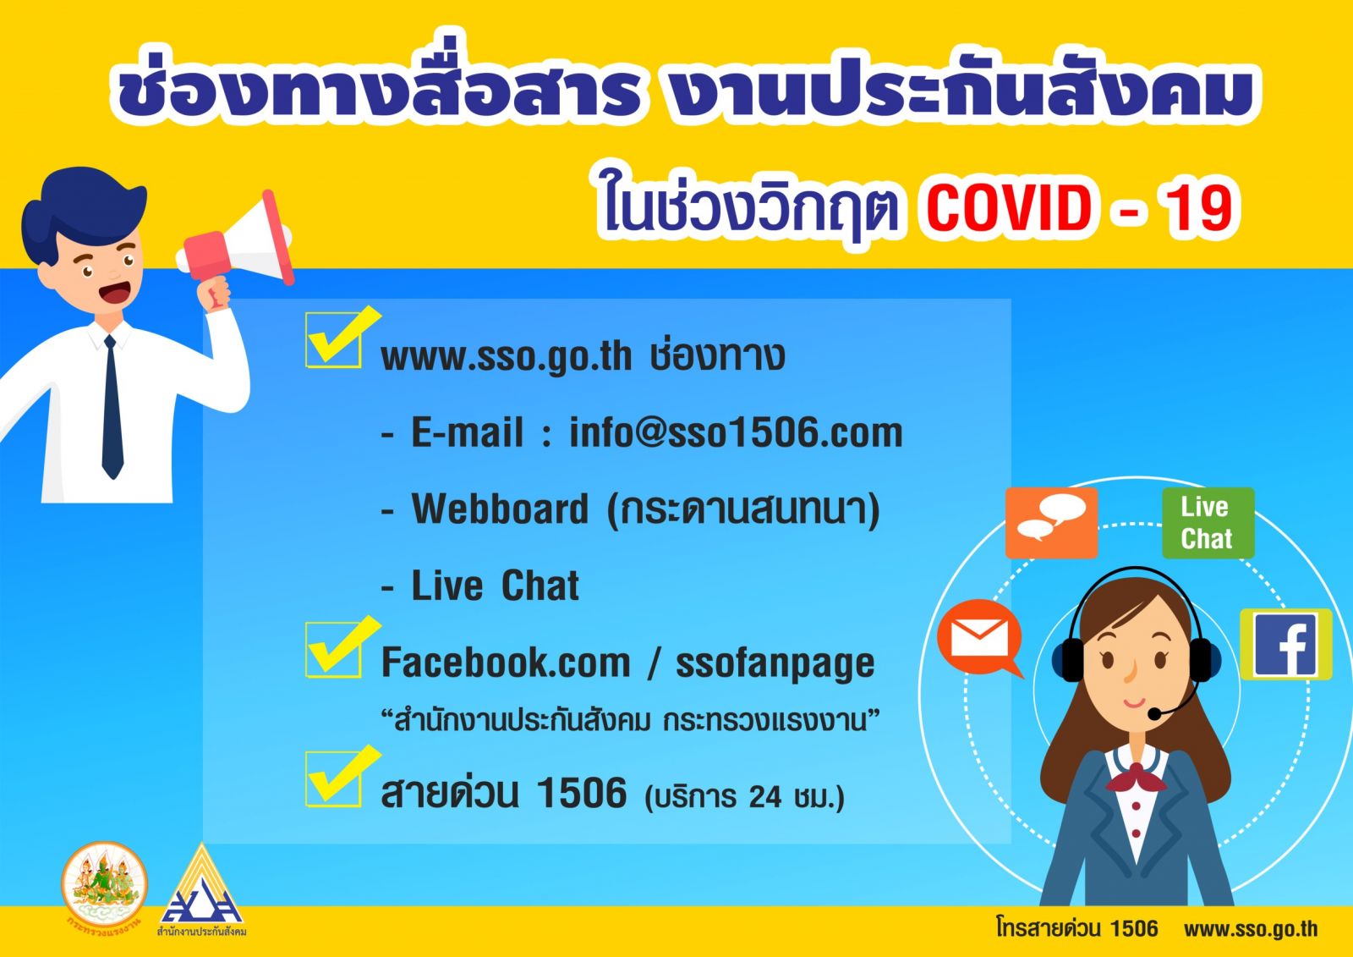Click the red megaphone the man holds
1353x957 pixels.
pyautogui.click(x=237, y=243)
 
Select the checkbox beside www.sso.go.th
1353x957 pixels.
pyautogui.click(x=334, y=340)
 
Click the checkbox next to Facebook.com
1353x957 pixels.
pyautogui.click(x=334, y=650)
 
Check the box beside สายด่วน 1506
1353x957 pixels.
pyautogui.click(x=334, y=779)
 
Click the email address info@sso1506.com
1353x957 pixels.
pyautogui.click(x=736, y=433)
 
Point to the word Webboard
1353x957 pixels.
pyautogui.click(x=500, y=509)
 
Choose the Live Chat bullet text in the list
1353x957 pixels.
pyautogui.click(x=496, y=586)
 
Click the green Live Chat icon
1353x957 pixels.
pyautogui.click(x=1208, y=523)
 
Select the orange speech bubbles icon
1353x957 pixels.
pyautogui.click(x=1052, y=523)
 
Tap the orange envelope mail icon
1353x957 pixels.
pyautogui.click(x=980, y=639)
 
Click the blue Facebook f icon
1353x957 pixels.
pyautogui.click(x=1285, y=645)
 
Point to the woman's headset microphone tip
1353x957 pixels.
pyautogui.click(x=1153, y=714)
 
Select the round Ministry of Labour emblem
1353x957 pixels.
pyautogui.click(x=104, y=884)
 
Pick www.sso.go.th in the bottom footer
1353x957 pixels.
pyautogui.click(x=1251, y=928)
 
